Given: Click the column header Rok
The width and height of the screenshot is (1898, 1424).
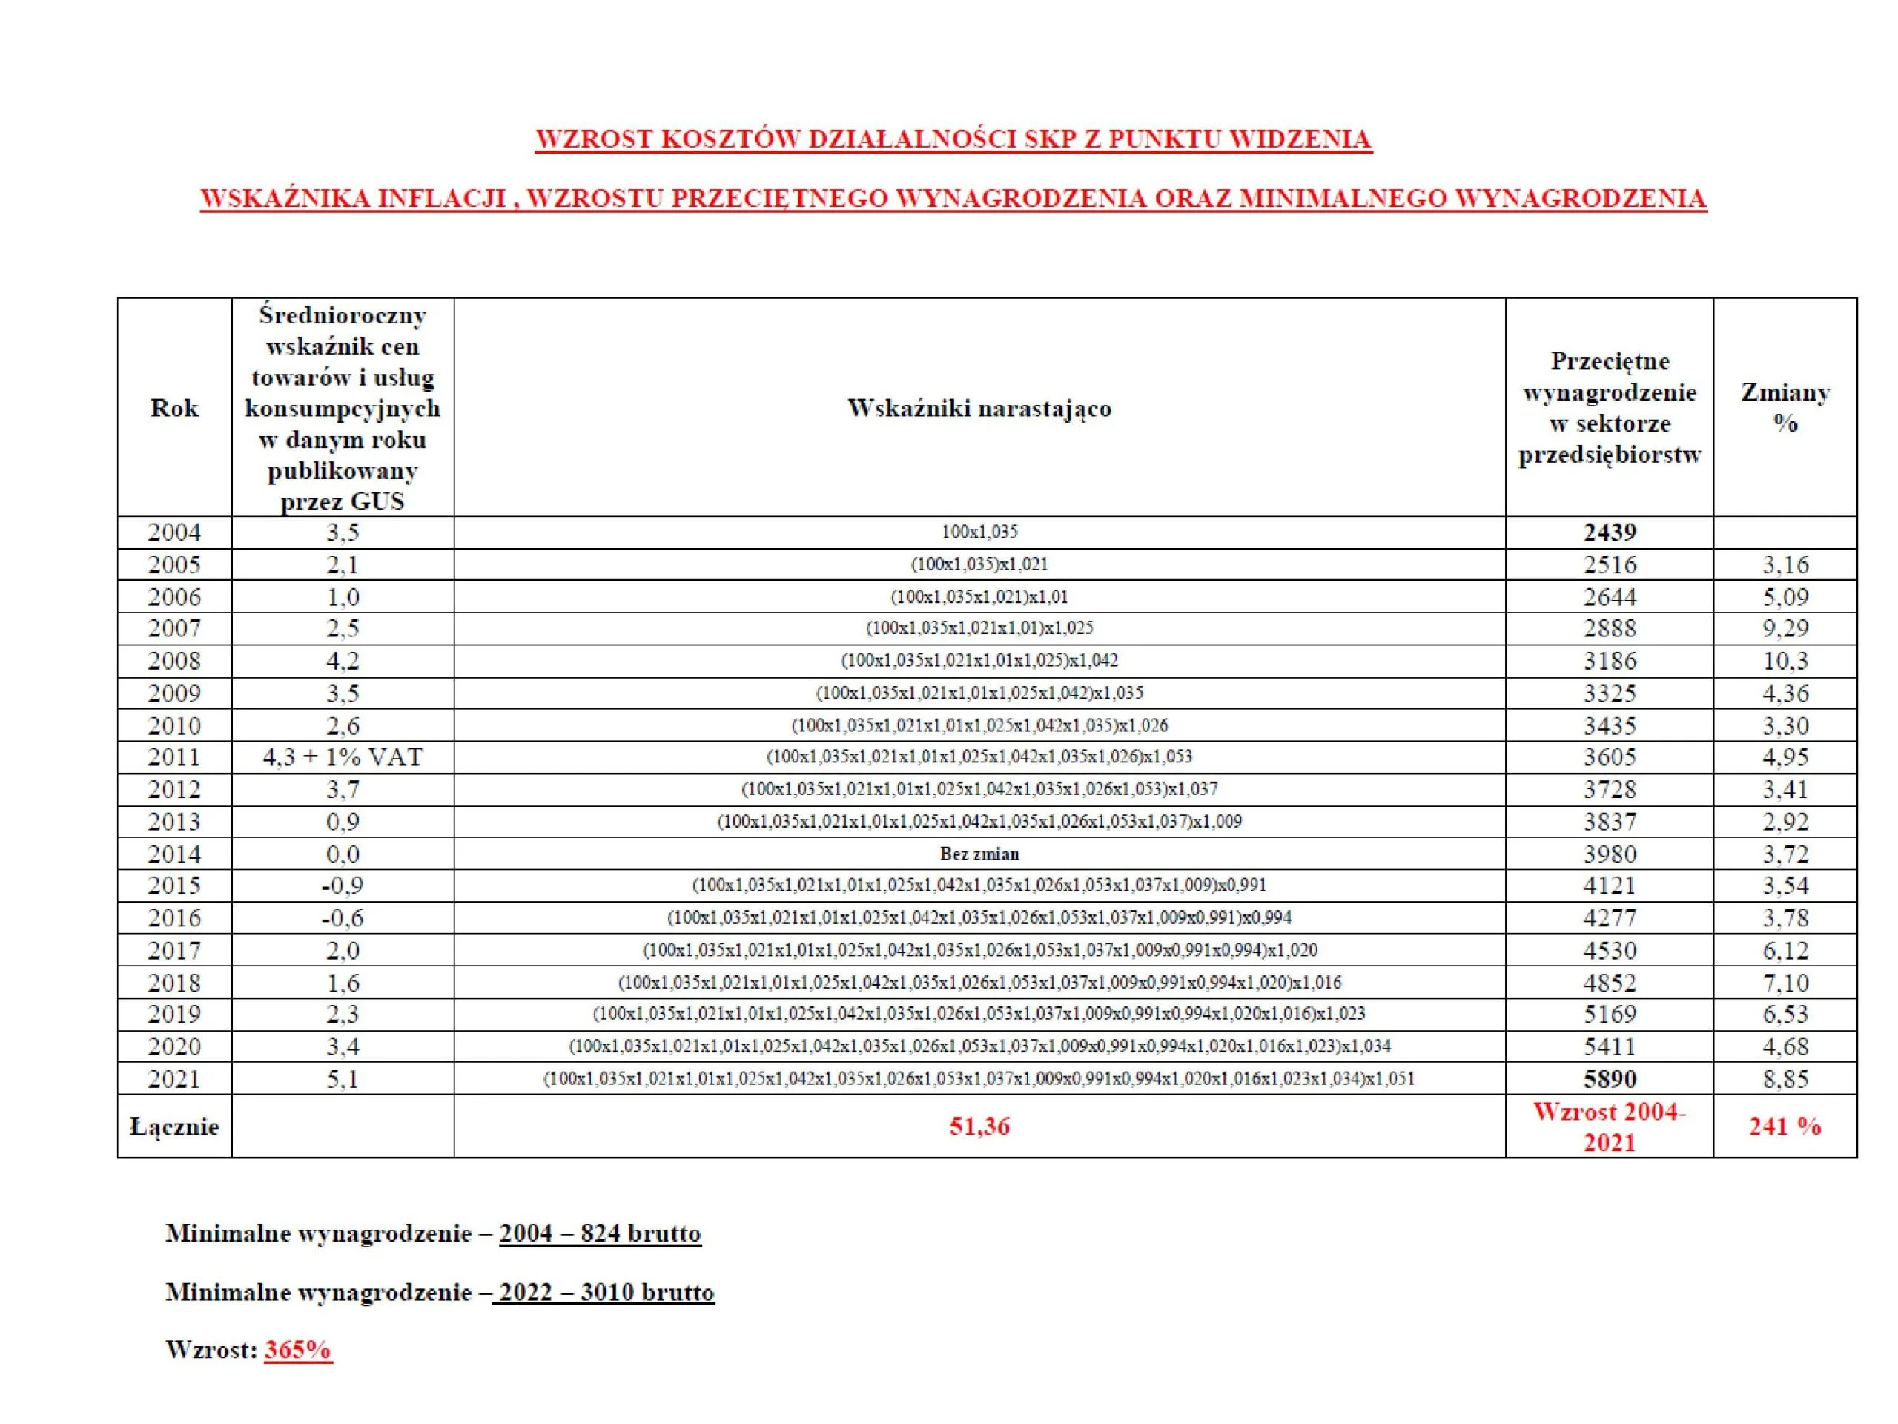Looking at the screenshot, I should (x=174, y=408).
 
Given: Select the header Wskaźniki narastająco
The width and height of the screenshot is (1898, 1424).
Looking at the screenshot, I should (x=979, y=408).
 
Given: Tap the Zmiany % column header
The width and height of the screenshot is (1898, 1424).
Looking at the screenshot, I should (x=1785, y=408).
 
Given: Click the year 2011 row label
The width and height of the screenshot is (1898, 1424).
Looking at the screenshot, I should (x=174, y=757).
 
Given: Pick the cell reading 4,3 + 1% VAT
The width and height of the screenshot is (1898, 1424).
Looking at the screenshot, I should (x=343, y=757).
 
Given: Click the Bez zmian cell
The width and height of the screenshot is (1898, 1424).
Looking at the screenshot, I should (x=979, y=854).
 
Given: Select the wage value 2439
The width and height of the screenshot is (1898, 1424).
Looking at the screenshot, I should (x=1609, y=533).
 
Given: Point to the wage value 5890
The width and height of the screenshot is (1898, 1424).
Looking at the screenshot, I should (x=1609, y=1079).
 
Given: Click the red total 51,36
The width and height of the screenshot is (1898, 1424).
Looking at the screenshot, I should (x=979, y=1126).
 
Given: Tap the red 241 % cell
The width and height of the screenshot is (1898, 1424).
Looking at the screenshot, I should (x=1785, y=1126).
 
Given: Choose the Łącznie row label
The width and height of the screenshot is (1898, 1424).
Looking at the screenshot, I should (x=174, y=1126).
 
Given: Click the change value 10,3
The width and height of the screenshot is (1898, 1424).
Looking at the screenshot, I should (x=1785, y=661).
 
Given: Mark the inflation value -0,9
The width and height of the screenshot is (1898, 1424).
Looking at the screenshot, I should (x=343, y=886).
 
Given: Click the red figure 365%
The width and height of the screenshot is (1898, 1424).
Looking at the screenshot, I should (x=298, y=1350).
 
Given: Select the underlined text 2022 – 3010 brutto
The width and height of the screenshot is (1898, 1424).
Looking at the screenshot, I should (x=604, y=1292).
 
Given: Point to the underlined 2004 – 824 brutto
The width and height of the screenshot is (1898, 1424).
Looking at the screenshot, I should (x=600, y=1233).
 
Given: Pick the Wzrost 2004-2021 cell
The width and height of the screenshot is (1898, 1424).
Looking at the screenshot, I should (x=1609, y=1126).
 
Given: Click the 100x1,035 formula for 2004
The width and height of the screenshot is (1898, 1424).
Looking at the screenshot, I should (x=979, y=533).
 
